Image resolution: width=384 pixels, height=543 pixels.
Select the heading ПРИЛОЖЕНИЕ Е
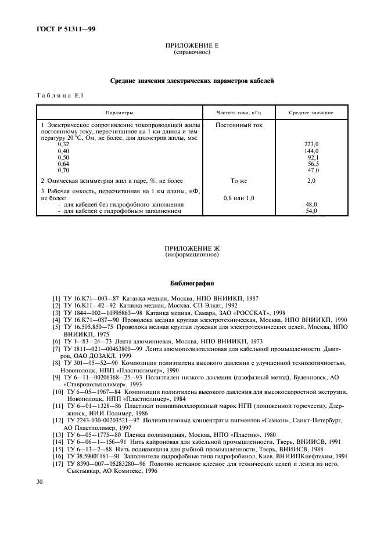coord(192,45)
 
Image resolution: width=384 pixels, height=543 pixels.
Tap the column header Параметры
coord(119,113)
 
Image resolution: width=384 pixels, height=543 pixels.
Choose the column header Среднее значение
coord(311,113)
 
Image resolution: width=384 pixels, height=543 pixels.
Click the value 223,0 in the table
coord(311,144)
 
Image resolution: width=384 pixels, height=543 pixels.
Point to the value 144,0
coord(311,151)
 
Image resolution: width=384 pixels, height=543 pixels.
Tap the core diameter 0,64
coord(63,164)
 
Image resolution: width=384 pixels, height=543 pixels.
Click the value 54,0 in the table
coord(311,211)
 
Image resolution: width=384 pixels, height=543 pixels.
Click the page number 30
coord(40,482)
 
